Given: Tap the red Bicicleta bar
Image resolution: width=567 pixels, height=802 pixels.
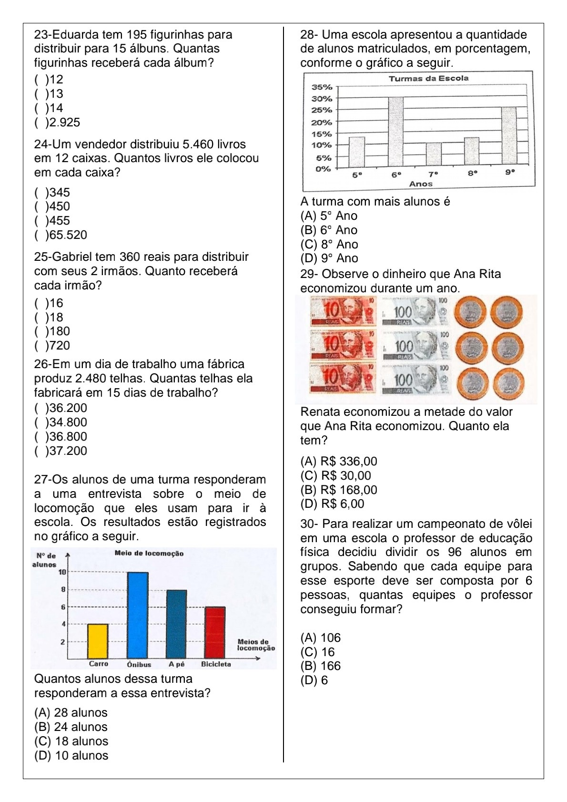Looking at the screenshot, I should pyautogui.click(x=215, y=632).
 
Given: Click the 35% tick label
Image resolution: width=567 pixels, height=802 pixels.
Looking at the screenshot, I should pyautogui.click(x=322, y=87).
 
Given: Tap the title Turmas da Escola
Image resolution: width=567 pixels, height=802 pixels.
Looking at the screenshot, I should pyautogui.click(x=428, y=78).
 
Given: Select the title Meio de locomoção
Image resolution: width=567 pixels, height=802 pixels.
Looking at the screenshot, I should pyautogui.click(x=149, y=553).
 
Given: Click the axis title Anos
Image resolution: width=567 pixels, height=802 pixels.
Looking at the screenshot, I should pyautogui.click(x=421, y=184).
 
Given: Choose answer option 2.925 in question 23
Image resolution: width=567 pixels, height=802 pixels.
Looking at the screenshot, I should pyautogui.click(x=57, y=123).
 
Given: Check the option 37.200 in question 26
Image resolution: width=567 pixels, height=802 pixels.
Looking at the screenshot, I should pyautogui.click(x=61, y=451).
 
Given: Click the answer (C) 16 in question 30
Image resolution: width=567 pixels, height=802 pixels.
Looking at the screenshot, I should pyautogui.click(x=317, y=652).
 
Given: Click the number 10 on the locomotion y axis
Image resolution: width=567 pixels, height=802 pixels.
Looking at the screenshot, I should pyautogui.click(x=61, y=572).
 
